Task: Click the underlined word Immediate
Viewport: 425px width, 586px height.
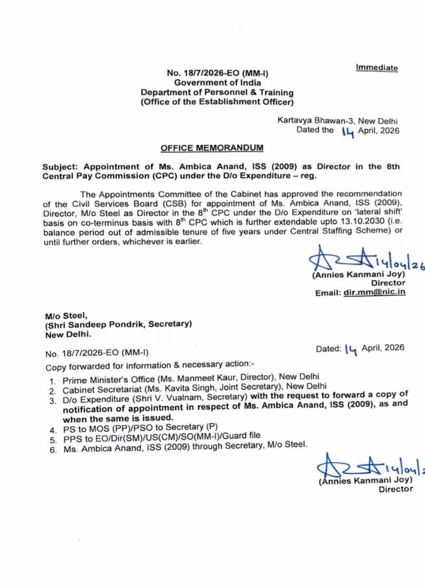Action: pos(377,67)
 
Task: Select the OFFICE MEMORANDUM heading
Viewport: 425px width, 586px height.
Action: pos(212,148)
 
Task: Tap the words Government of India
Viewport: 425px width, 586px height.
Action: pos(217,83)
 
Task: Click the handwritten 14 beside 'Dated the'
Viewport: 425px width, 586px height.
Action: pos(348,131)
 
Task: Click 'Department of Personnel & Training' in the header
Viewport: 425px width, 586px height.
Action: pos(217,92)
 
